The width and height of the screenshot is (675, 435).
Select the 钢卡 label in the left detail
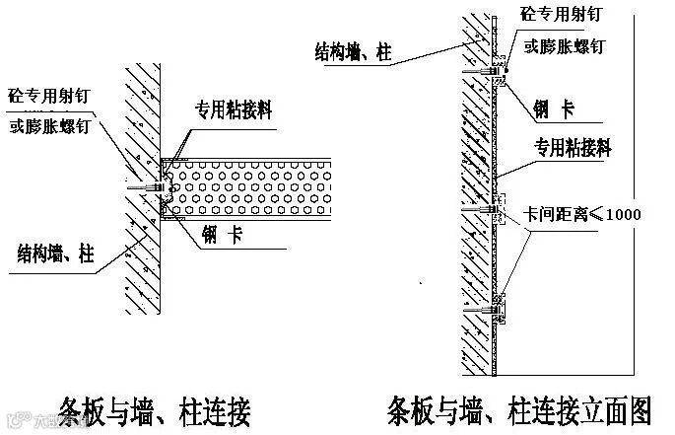(227, 236)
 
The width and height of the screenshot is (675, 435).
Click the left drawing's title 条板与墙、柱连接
(157, 407)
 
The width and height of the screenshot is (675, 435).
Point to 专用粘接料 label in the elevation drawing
(573, 149)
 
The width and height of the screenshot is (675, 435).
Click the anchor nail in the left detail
(148, 185)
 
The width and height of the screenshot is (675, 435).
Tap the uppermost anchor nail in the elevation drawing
(490, 71)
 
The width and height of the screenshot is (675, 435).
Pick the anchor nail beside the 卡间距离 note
(491, 210)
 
